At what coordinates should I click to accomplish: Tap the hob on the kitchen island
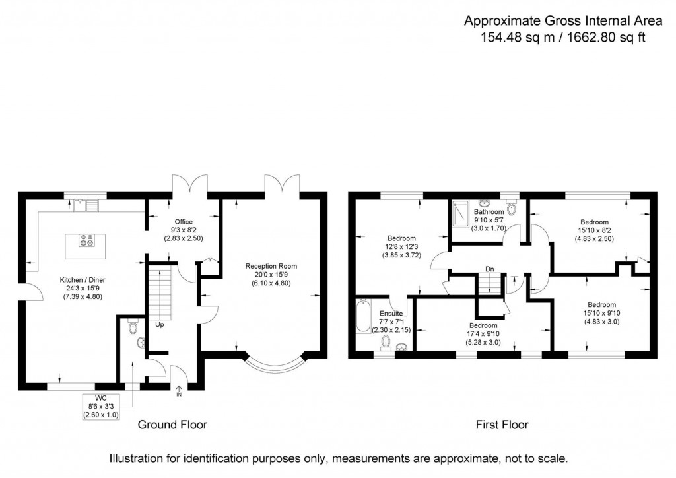[x=86, y=241]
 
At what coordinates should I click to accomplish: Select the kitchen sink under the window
[x=86, y=205]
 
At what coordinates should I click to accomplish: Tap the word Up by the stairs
[x=159, y=325]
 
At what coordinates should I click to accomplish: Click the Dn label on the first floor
[x=489, y=269]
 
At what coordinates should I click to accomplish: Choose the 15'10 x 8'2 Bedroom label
[x=594, y=230]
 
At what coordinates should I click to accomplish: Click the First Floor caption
[x=502, y=425]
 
